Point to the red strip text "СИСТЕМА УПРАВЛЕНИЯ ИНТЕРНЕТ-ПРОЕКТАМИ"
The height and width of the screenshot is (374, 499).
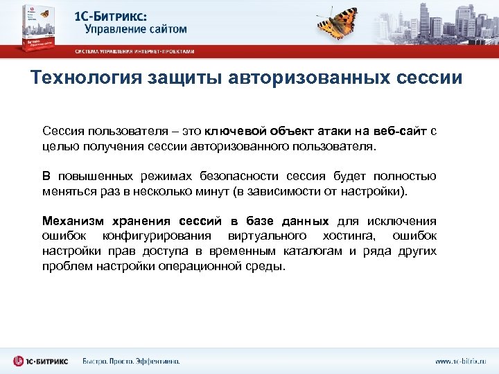[134, 51]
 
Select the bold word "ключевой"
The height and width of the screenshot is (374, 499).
[240, 131]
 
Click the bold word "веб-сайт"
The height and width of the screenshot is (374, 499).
[400, 131]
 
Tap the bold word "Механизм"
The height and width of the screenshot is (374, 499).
[71, 221]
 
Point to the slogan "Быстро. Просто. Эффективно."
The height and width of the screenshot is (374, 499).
[132, 361]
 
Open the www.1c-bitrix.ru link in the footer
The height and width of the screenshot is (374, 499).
[460, 361]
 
